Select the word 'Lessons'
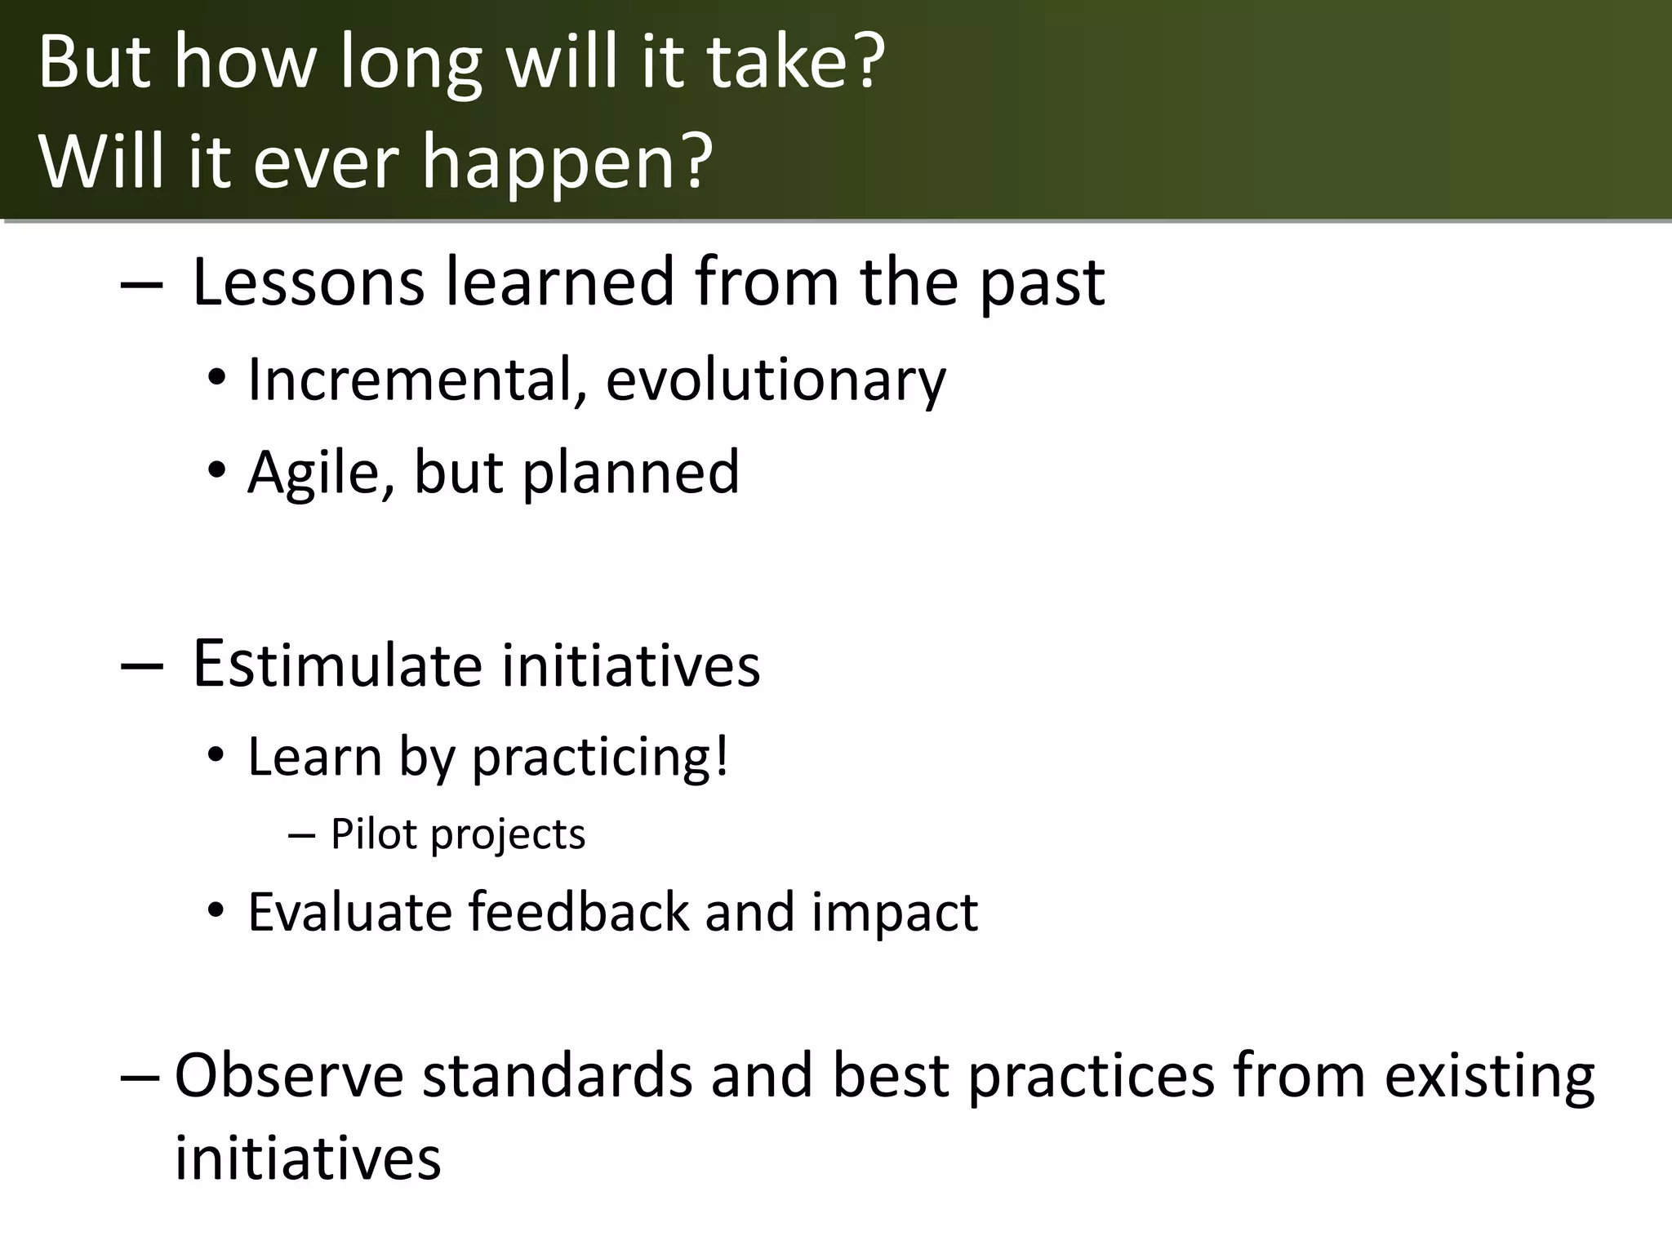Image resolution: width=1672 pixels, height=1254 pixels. click(x=309, y=282)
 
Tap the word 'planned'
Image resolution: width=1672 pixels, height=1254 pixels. click(x=630, y=474)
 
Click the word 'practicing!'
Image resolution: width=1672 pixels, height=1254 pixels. click(x=600, y=758)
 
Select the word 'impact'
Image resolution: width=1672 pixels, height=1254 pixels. click(x=895, y=913)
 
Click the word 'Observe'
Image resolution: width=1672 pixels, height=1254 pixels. click(x=289, y=1076)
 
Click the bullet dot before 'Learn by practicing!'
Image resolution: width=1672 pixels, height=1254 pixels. click(x=216, y=758)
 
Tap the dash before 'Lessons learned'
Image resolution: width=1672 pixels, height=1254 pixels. click(x=140, y=284)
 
